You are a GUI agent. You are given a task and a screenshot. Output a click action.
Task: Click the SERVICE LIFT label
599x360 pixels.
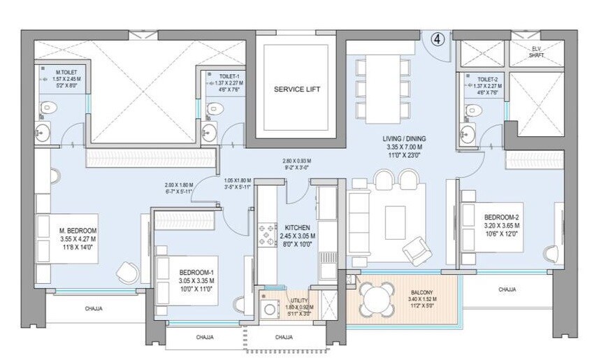pos(292,89)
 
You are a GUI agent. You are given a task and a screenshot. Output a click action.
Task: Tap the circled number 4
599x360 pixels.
pos(437,39)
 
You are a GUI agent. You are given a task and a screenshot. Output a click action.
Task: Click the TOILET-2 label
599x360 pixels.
pos(483,80)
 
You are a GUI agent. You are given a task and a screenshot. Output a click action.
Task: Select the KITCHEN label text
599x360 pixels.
pos(298,228)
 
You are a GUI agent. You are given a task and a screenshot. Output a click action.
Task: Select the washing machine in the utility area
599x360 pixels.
pos(269,308)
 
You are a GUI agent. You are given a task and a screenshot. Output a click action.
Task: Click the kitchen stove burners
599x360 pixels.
pos(268,234)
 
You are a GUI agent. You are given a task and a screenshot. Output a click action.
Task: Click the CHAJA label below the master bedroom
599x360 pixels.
pos(94,308)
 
